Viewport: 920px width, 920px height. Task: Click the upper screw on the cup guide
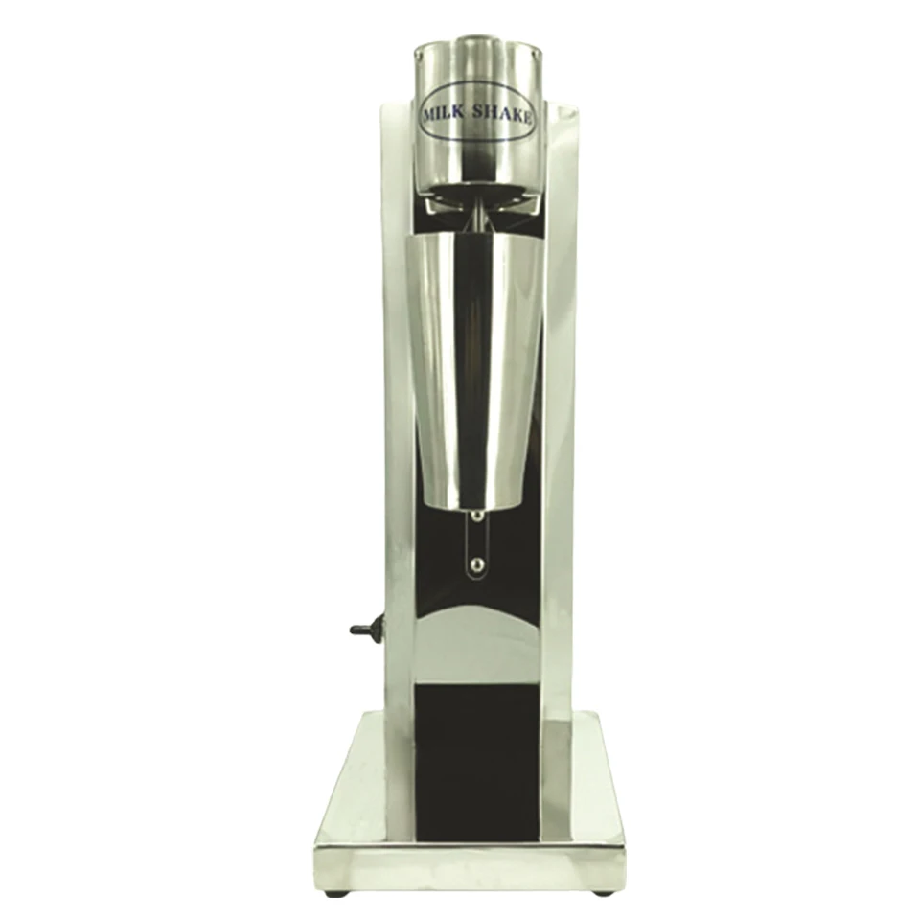tap(477, 517)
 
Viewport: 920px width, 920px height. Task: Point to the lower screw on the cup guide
tap(477, 563)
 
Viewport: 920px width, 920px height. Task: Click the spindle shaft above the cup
tap(471, 215)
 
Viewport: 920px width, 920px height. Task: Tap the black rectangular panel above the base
tap(475, 757)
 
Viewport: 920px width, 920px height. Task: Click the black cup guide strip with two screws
tap(477, 541)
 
